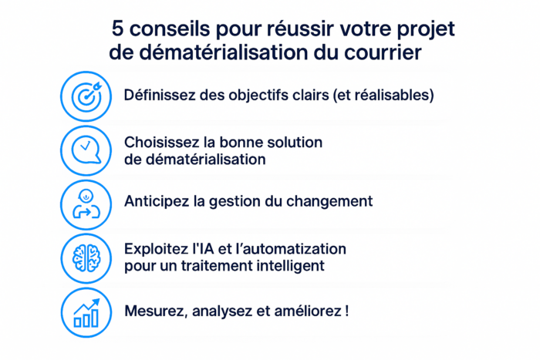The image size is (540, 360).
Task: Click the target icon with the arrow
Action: (86, 96)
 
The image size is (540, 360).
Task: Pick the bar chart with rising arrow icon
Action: (86, 312)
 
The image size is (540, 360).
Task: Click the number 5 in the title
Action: (118, 29)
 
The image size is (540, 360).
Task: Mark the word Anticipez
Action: (157, 201)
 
